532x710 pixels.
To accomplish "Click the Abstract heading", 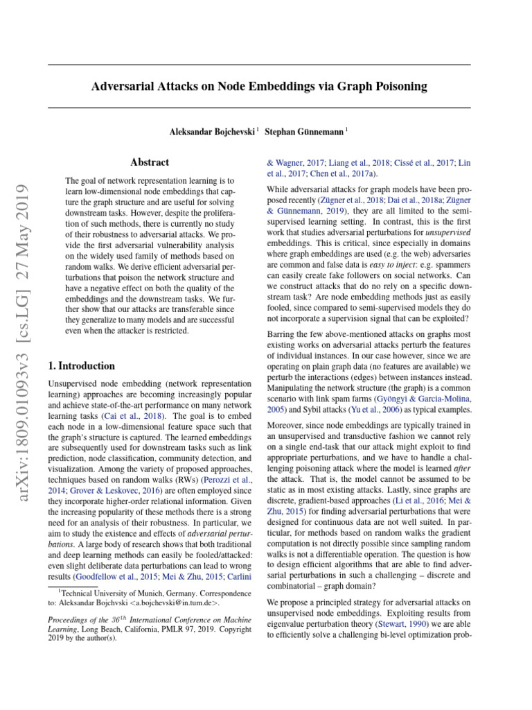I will point(150,162).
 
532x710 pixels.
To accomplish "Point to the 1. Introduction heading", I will point(81,365).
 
